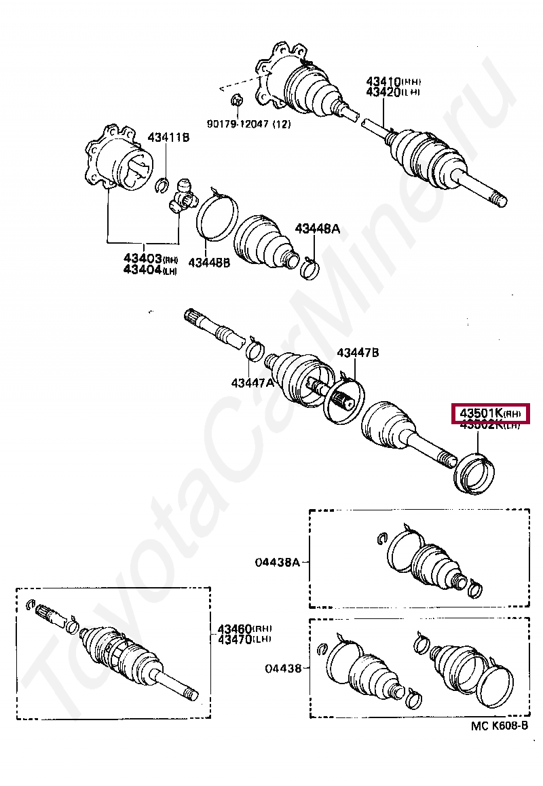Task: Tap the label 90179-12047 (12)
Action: click(247, 125)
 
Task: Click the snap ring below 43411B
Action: click(162, 184)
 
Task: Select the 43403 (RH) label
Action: click(150, 258)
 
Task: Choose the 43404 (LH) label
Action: click(150, 269)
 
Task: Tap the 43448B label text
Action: click(209, 263)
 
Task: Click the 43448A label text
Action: click(316, 229)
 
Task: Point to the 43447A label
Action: click(252, 383)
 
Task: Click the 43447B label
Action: click(358, 352)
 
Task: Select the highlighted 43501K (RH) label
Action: click(489, 413)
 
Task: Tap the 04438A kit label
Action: click(277, 562)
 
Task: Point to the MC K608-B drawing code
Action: click(499, 726)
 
